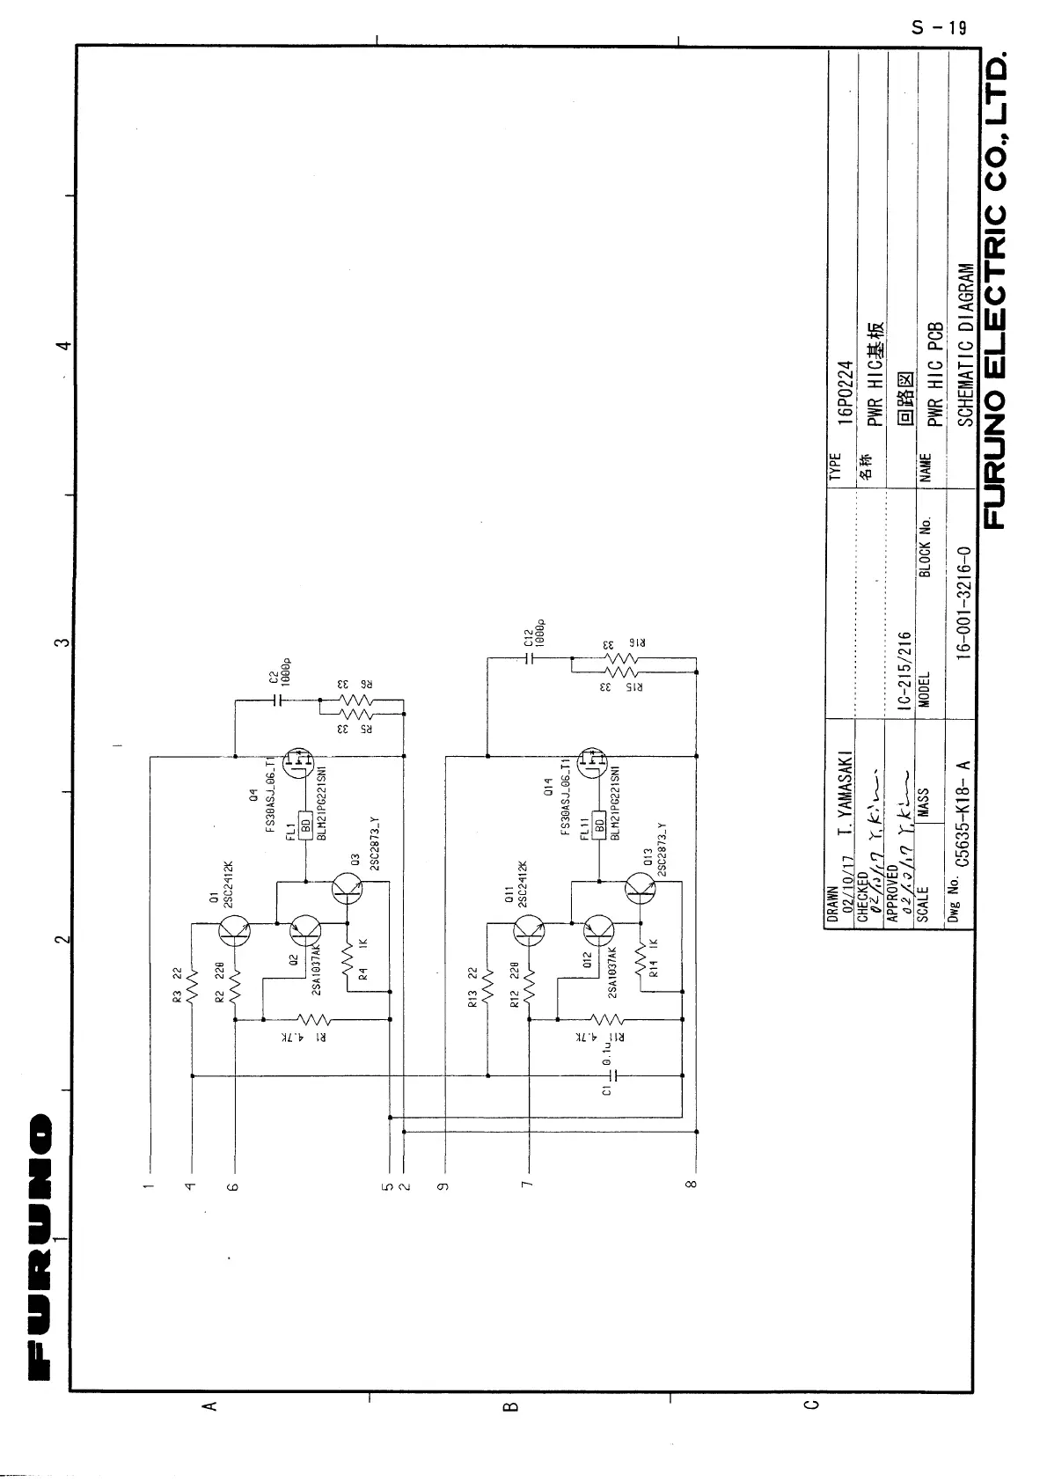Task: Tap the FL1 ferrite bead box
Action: [x=305, y=825]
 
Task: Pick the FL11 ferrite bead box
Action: [x=600, y=825]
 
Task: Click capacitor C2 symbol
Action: [x=279, y=701]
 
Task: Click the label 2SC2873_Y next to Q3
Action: [x=374, y=846]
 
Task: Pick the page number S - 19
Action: [x=940, y=27]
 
